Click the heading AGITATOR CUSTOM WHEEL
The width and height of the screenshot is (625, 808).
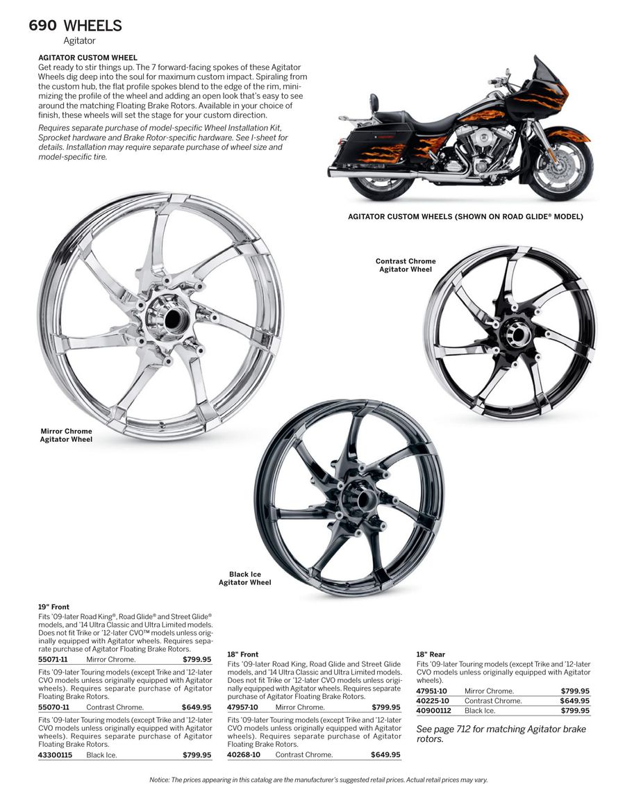point(87,58)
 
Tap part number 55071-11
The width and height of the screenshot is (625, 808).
point(53,659)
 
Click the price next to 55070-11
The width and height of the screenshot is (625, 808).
point(197,707)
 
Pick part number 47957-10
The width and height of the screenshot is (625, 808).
point(242,707)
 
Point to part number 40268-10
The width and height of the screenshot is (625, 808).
point(243,755)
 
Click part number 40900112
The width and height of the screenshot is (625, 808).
point(433,711)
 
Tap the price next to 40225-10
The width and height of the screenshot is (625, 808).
point(575,701)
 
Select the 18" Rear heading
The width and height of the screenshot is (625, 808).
point(431,654)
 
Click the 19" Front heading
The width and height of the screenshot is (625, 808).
point(53,607)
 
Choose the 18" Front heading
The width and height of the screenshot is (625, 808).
point(242,654)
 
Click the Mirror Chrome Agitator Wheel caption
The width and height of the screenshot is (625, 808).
point(66,436)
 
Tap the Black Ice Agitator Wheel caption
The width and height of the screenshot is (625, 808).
point(244,579)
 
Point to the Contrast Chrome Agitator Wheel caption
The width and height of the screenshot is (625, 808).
point(406,265)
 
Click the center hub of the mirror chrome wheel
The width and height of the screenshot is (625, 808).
point(166,316)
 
